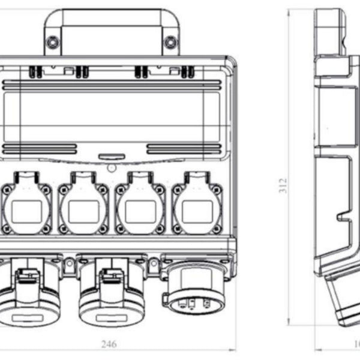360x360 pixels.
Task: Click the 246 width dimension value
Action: tap(109, 344)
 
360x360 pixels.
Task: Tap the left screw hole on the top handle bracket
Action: tap(53, 42)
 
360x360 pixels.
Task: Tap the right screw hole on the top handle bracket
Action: tap(171, 42)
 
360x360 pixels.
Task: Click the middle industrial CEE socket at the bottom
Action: tap(106, 294)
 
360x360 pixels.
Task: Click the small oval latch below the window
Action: tap(107, 155)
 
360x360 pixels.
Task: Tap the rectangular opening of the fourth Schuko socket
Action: tap(197, 211)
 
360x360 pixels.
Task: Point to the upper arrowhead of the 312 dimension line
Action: tap(289, 12)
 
